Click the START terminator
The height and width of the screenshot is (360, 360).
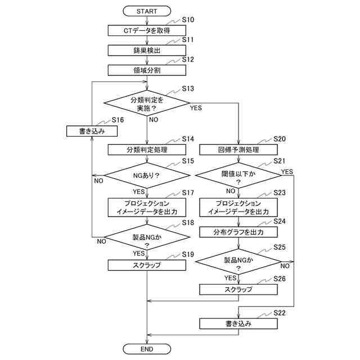(x=147, y=11)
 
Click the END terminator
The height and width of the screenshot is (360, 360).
(x=147, y=349)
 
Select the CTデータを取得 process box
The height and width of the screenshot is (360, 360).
(x=147, y=30)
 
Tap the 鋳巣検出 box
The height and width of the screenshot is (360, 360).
(x=147, y=50)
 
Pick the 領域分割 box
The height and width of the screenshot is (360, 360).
(x=147, y=70)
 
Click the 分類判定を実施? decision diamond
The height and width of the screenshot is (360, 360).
(x=147, y=103)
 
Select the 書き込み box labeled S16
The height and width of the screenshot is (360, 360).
(x=92, y=131)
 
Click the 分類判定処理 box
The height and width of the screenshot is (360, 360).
(x=147, y=150)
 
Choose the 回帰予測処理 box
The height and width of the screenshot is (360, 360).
(x=238, y=150)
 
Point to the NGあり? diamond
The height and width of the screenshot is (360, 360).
(x=147, y=175)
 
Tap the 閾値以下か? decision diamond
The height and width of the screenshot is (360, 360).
(x=238, y=175)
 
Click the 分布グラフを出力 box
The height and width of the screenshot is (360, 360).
(x=238, y=232)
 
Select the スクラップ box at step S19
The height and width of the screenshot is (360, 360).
(x=147, y=265)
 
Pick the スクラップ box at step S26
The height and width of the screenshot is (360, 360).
(x=238, y=290)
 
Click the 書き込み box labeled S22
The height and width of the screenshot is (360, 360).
(x=238, y=324)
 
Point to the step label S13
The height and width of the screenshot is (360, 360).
(x=188, y=88)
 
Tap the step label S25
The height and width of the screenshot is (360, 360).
(x=280, y=247)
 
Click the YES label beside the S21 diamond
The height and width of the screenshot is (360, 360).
(x=287, y=172)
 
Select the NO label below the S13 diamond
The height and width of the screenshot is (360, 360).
(x=154, y=120)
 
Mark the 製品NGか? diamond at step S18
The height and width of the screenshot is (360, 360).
(x=147, y=237)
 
